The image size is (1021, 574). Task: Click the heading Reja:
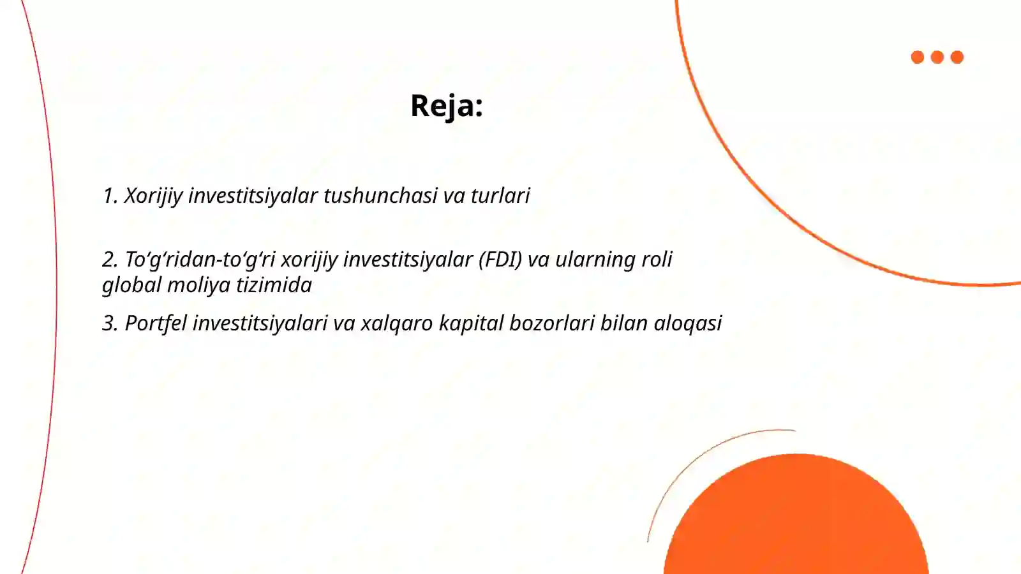pos(446,106)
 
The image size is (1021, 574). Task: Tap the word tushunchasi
pos(380,196)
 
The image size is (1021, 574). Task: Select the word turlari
pos(500,196)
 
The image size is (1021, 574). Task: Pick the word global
pos(131,285)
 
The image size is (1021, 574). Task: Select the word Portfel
pos(156,323)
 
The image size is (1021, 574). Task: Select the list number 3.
pos(110,323)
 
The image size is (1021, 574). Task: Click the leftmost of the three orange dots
pos(918,57)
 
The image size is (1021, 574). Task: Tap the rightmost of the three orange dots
pos(957,57)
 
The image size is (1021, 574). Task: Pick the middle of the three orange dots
pos(937,57)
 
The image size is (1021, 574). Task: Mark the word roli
pos(657,260)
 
